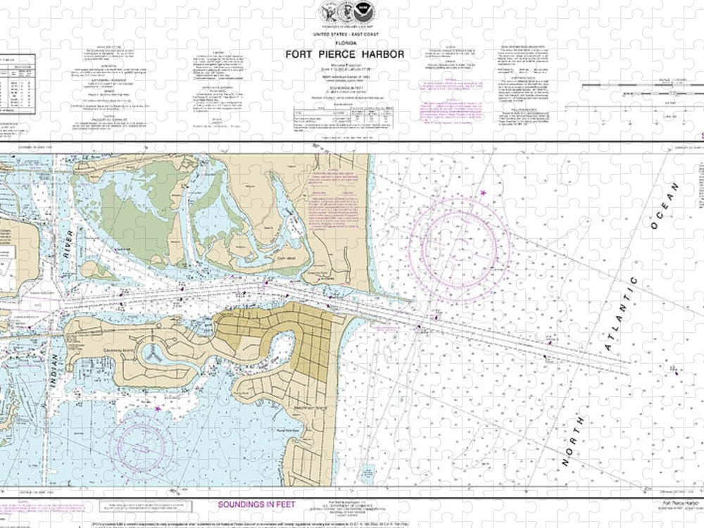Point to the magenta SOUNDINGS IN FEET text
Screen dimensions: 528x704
(258, 505)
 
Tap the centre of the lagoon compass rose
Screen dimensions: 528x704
(144, 444)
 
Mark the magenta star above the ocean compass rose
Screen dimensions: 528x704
(483, 194)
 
